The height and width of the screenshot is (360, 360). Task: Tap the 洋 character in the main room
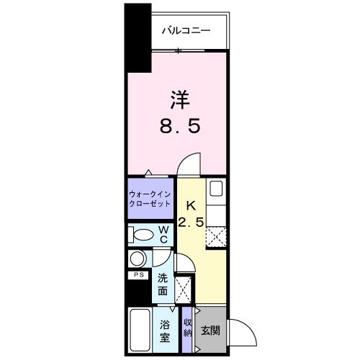[x=180, y=99]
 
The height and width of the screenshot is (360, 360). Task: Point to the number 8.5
[x=180, y=127]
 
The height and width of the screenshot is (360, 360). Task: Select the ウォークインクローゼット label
[x=150, y=199]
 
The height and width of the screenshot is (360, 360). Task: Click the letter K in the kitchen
[x=192, y=205]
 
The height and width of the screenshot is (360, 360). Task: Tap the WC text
[x=164, y=234]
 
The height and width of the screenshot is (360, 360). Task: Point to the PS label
[x=138, y=275]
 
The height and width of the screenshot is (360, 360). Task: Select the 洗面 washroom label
[x=163, y=284]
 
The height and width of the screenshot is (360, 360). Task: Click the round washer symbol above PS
[x=138, y=259]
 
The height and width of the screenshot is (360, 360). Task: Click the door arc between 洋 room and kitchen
[x=189, y=164]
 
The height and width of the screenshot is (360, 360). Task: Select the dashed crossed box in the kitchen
[x=217, y=236]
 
